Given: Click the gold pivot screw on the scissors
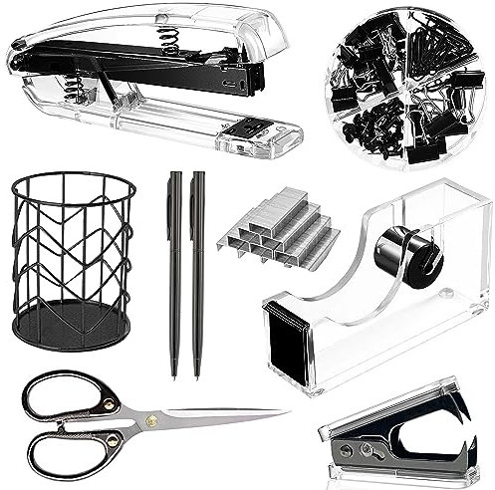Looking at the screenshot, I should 152,419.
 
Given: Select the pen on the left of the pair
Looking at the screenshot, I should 174,269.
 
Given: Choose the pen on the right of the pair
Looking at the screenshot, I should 197,269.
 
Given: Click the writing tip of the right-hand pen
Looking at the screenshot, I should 197,374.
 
